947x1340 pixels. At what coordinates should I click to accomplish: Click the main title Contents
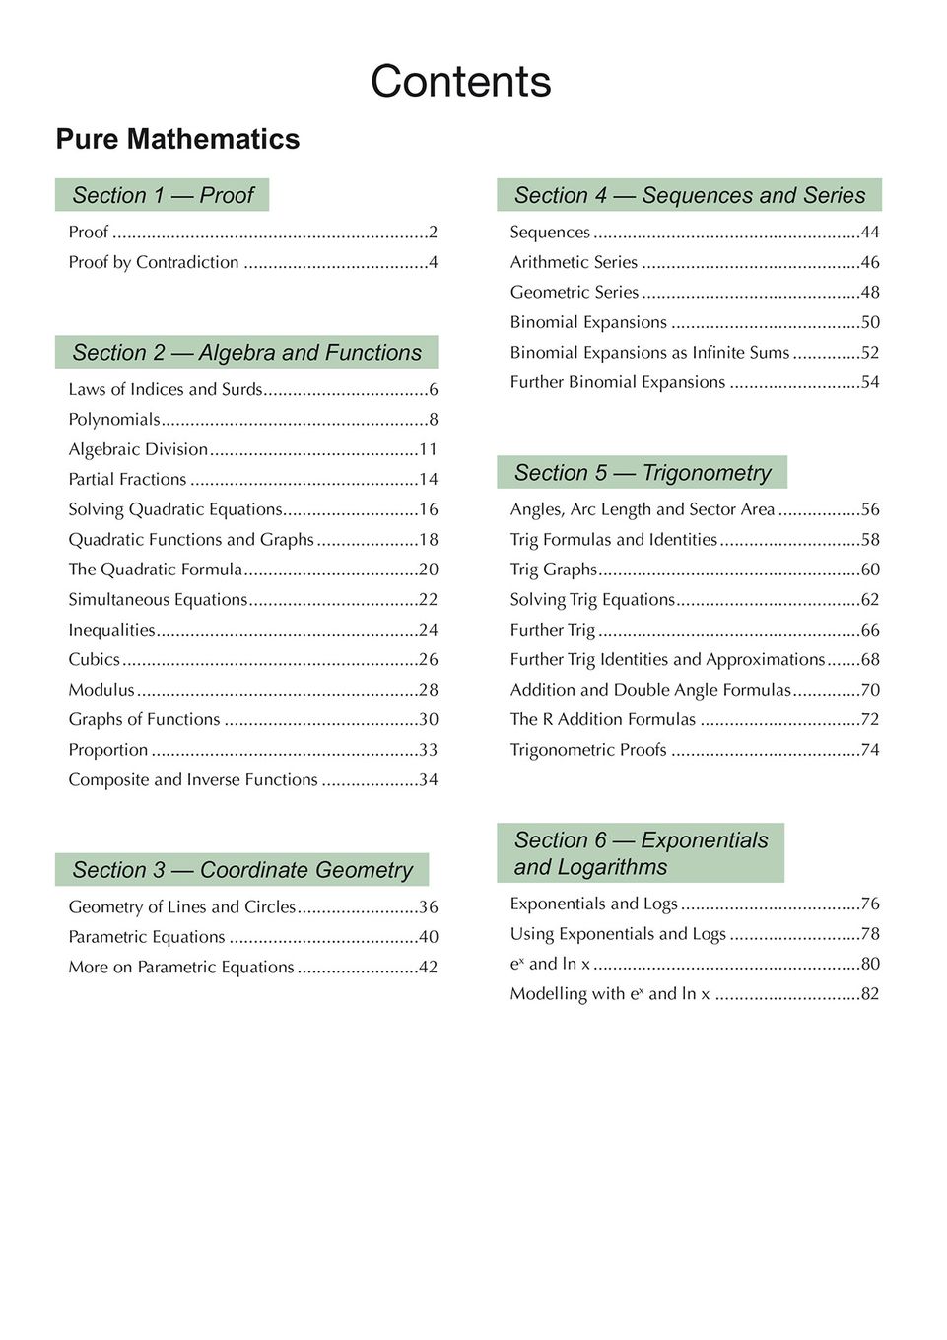tap(460, 82)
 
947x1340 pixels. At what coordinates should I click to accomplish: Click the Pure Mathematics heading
tap(177, 139)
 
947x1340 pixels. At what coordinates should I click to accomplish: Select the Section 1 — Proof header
tap(163, 195)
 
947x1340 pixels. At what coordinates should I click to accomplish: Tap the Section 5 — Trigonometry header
tap(643, 473)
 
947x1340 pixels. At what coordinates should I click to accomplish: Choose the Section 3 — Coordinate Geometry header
tap(242, 870)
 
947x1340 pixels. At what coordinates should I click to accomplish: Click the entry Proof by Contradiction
tap(154, 262)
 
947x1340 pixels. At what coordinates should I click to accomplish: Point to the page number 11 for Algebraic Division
tap(428, 449)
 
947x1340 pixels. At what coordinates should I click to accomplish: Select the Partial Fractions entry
tap(127, 479)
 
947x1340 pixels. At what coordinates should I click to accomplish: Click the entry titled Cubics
tap(94, 659)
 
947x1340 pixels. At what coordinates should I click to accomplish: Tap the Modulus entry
tap(101, 690)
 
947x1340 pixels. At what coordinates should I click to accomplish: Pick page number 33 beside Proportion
tap(428, 750)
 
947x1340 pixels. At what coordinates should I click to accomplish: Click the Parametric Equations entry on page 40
tap(147, 937)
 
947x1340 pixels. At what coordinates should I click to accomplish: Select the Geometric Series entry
tap(575, 292)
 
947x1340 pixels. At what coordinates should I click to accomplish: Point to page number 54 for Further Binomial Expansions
tap(870, 382)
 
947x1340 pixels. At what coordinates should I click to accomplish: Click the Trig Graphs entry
tap(554, 569)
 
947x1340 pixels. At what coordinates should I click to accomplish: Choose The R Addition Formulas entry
tap(603, 719)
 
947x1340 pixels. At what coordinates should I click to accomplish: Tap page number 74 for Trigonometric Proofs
tap(870, 750)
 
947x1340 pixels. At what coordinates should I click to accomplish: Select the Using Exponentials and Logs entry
tap(618, 933)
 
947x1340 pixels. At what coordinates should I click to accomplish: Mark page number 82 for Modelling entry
tap(870, 993)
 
